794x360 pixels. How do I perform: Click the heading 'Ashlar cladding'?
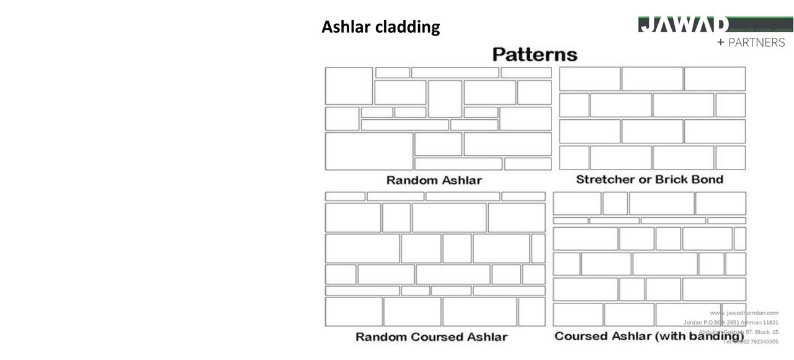[x=380, y=27]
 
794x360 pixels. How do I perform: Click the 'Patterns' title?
[x=534, y=55]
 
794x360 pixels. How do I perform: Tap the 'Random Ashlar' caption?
[x=434, y=181]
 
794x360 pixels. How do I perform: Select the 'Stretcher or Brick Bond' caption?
[x=649, y=179]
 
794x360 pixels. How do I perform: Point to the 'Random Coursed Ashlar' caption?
[x=431, y=337]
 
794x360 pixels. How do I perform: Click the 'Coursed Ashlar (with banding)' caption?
[x=649, y=336]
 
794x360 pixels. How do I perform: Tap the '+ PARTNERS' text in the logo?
[x=751, y=43]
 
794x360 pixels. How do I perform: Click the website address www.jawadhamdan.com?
[x=744, y=313]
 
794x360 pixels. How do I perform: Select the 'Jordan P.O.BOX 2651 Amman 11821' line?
[x=731, y=323]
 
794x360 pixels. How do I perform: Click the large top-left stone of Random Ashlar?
[x=349, y=86]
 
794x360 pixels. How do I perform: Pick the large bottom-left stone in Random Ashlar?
[x=369, y=151]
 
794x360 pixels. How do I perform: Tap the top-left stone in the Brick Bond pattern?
[x=589, y=79]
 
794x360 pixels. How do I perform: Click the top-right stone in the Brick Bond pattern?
[x=715, y=79]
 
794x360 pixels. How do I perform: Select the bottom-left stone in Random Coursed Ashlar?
[x=354, y=312]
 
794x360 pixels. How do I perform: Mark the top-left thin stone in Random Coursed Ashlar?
[x=345, y=196]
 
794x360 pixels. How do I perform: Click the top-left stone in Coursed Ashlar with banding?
[x=577, y=204]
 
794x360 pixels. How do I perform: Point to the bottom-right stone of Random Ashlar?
[x=527, y=164]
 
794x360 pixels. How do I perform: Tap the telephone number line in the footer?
[x=751, y=341]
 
